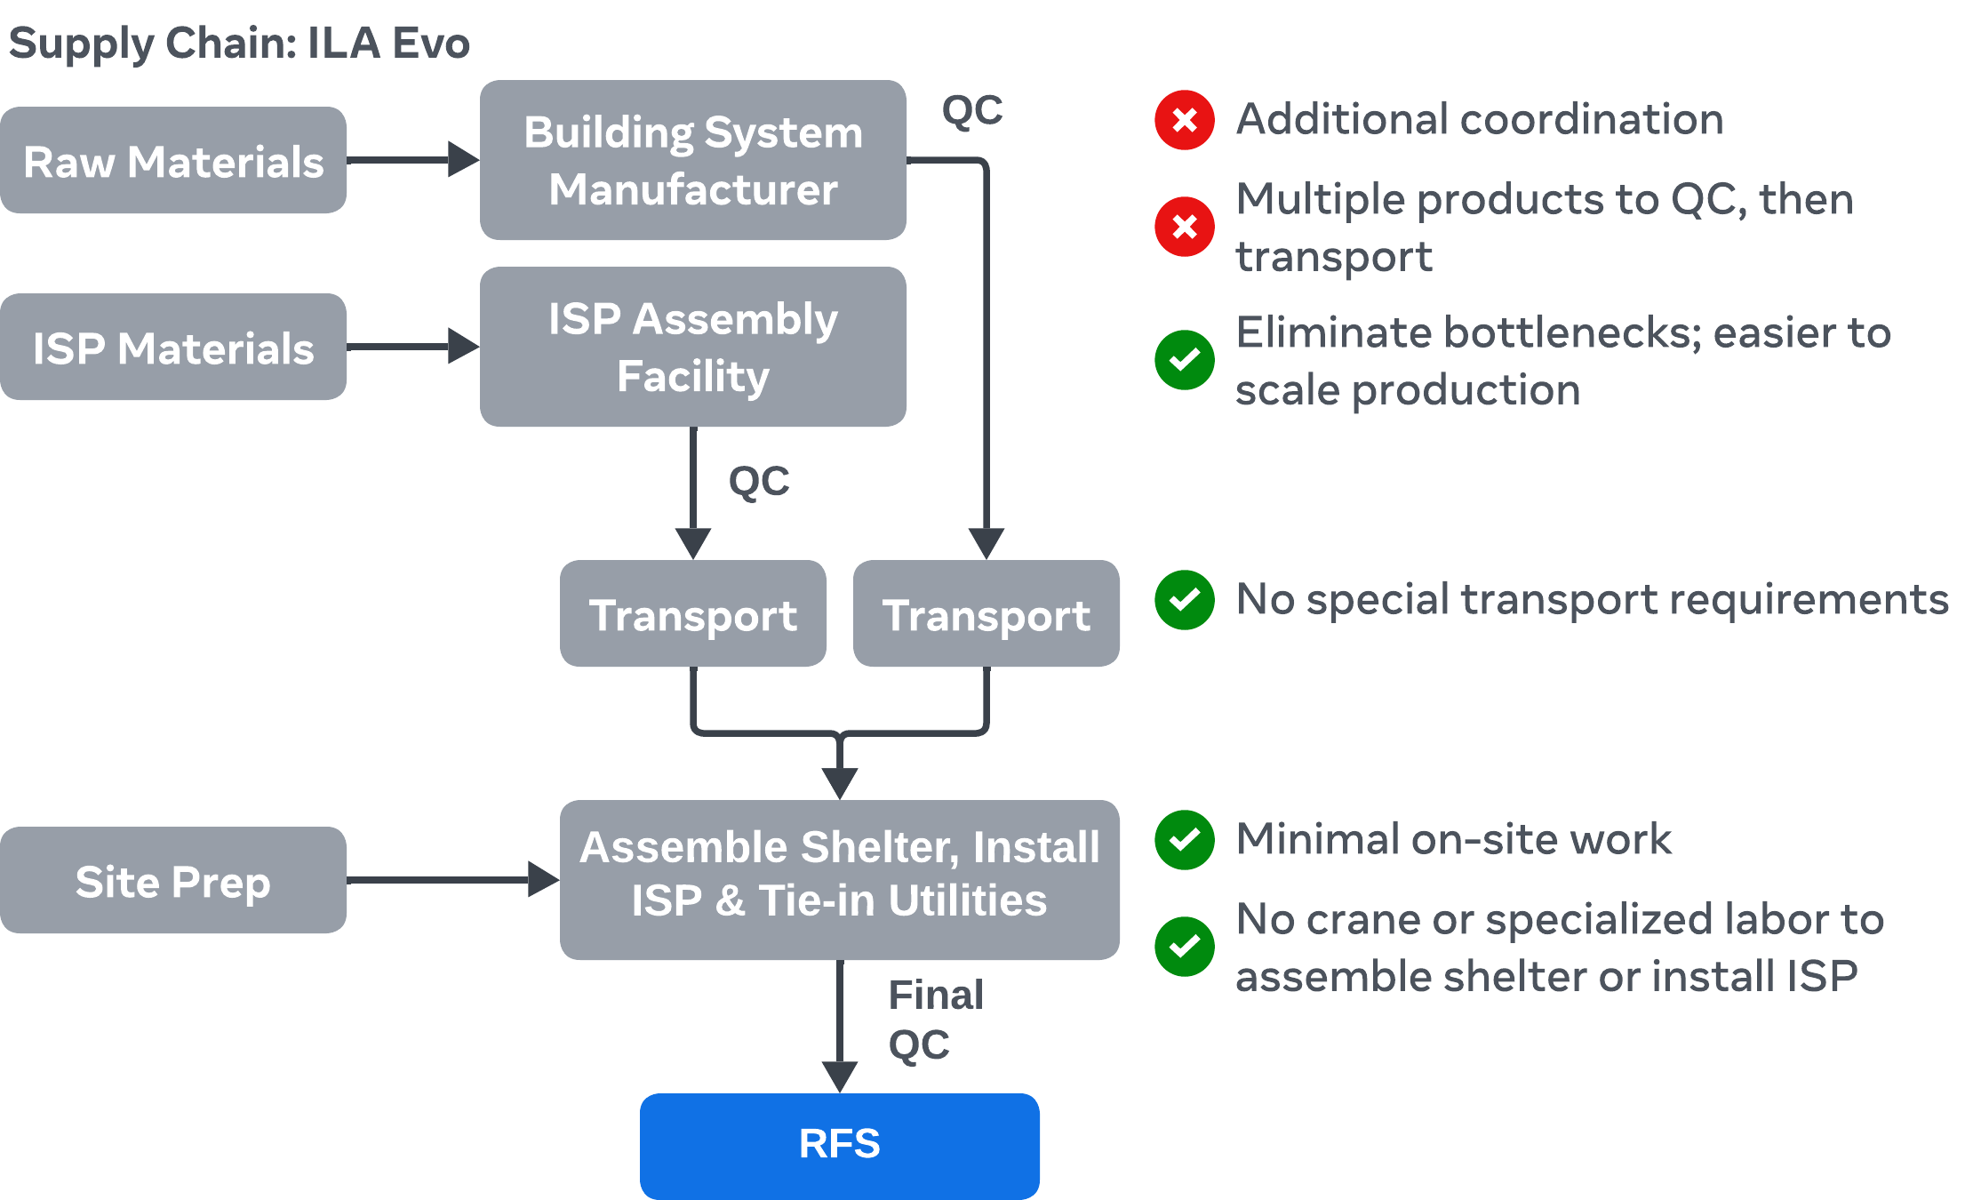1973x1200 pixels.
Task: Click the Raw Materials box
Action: click(x=173, y=161)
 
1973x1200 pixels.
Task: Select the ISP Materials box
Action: click(x=173, y=348)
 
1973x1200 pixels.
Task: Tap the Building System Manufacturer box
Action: click(x=693, y=161)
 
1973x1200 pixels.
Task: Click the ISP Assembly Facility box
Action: click(x=693, y=348)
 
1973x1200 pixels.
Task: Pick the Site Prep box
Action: click(x=173, y=881)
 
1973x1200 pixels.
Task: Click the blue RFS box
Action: click(x=840, y=1145)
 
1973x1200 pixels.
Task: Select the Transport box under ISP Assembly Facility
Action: click(x=693, y=614)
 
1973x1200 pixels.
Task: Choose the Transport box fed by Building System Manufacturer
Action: click(x=986, y=614)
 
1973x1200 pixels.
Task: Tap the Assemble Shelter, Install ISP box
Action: click(x=840, y=879)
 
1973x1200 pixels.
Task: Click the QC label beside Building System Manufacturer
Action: click(x=972, y=111)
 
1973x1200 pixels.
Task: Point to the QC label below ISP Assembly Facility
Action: click(x=759, y=482)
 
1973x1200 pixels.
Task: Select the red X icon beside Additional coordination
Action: click(x=1185, y=120)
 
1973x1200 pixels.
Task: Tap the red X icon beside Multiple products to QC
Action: click(x=1185, y=227)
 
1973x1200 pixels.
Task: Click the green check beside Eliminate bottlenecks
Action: click(x=1185, y=360)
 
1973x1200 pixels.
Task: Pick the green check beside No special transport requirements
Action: click(x=1185, y=600)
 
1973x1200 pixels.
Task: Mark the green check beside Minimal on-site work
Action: click(x=1185, y=840)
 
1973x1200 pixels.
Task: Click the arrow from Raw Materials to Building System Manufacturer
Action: click(x=413, y=160)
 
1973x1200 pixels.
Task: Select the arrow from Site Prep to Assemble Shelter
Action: click(x=453, y=879)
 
